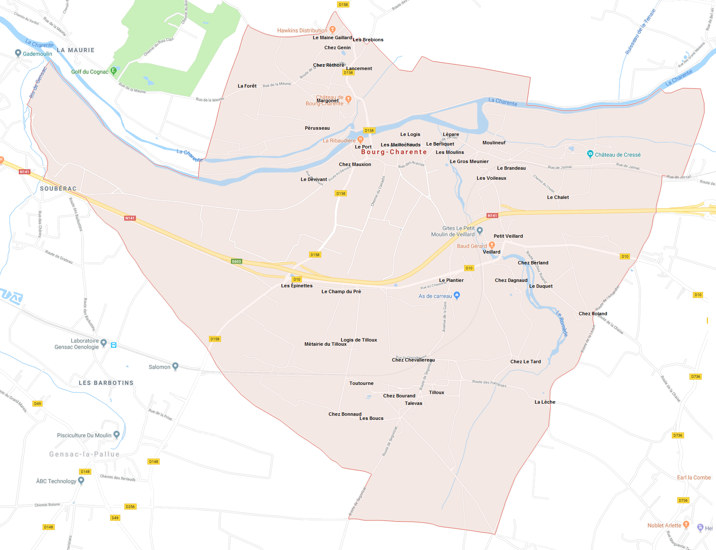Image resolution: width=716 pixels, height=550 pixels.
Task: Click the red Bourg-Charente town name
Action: coord(394,152)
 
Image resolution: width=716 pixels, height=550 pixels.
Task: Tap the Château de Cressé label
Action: coord(617,155)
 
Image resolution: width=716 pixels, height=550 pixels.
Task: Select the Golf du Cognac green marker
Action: coord(113,71)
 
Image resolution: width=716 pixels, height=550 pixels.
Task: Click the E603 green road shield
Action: coord(236,261)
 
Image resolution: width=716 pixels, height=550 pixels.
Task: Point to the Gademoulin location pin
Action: coord(18,53)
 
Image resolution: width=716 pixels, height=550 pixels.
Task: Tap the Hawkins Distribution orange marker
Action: coord(332,29)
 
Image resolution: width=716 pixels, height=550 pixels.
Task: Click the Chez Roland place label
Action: coord(593,314)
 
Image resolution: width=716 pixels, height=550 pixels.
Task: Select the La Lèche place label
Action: coord(545,402)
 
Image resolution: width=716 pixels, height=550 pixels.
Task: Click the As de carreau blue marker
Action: coord(457,295)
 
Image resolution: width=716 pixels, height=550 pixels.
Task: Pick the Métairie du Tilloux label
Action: coord(325,344)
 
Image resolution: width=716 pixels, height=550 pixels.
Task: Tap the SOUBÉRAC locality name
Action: coord(58,188)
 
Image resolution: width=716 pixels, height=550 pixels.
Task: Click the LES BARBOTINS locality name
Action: coord(106,383)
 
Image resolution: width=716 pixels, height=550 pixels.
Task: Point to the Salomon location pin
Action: coord(175,366)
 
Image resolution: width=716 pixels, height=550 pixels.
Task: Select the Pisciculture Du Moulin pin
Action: coord(116,434)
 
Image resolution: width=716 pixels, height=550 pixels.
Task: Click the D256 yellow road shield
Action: coord(131,507)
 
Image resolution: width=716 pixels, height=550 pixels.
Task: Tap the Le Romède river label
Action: coord(562,323)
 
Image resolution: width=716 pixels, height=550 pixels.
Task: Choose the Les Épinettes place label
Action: coord(296,286)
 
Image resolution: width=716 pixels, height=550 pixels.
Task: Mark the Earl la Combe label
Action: coord(693,477)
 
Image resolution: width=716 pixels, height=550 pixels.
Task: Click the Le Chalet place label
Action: coord(558,197)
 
